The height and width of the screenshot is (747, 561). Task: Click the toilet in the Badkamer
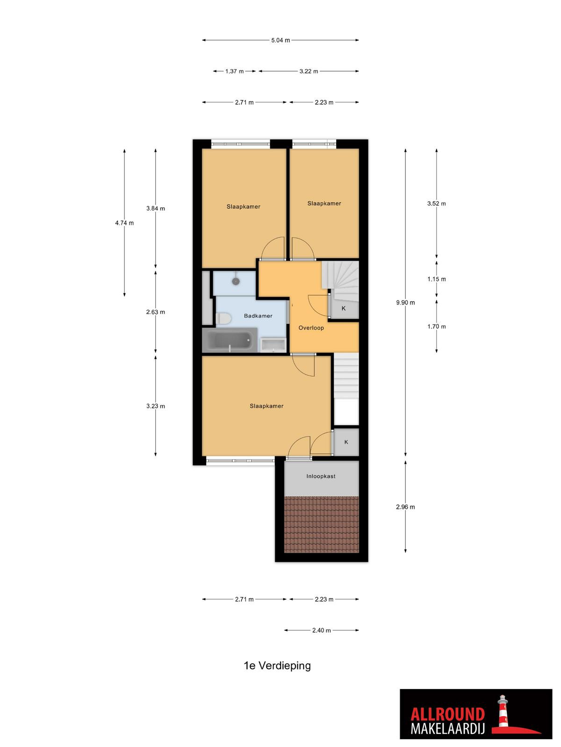[223, 318]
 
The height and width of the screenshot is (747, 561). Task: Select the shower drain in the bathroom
[236, 281]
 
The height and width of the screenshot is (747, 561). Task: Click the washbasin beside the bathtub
[273, 345]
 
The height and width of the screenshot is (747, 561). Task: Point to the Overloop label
[311, 328]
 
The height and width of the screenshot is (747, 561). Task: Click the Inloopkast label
[321, 476]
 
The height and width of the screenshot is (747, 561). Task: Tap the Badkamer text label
[258, 316]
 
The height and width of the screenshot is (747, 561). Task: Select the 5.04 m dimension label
[280, 40]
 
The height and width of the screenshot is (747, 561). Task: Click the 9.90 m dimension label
[405, 303]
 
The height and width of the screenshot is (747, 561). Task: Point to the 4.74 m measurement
[124, 223]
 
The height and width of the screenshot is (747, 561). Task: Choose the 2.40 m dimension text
[321, 630]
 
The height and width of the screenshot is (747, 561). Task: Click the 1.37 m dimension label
[234, 71]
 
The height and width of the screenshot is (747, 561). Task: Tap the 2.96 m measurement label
[405, 507]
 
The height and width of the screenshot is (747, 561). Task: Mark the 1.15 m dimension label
[436, 279]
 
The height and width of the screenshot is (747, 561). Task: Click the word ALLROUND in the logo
[447, 714]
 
